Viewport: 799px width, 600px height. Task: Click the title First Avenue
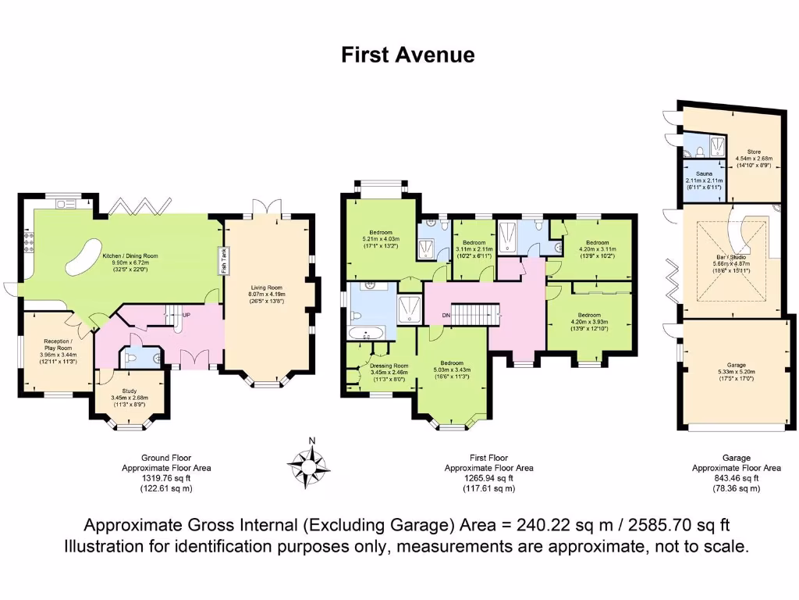click(407, 55)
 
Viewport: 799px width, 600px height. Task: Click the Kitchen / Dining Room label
click(130, 255)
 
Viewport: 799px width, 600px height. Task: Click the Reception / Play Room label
click(58, 345)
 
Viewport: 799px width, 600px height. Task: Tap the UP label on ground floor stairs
click(186, 315)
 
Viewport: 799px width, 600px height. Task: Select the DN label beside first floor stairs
click(446, 315)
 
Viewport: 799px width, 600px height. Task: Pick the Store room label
click(753, 152)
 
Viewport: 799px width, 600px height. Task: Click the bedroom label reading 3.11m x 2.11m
click(472, 244)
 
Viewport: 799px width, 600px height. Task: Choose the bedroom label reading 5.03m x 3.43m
click(451, 363)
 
